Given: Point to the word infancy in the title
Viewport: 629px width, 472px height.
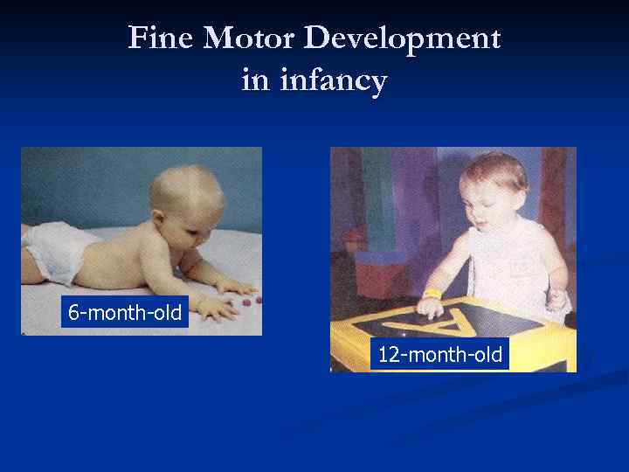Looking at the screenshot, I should pyautogui.click(x=333, y=82).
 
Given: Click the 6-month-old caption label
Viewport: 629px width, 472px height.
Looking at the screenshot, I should pyautogui.click(x=125, y=312).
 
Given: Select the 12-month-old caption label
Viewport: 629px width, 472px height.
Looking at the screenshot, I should pyautogui.click(x=439, y=354).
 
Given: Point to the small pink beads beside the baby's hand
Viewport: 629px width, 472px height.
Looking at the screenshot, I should pyautogui.click(x=250, y=301).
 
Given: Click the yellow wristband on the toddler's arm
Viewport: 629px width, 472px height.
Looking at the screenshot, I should pyautogui.click(x=432, y=294).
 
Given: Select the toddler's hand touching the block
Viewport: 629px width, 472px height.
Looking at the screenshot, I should pyautogui.click(x=431, y=307).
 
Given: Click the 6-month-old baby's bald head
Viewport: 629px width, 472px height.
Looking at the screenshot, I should pyautogui.click(x=183, y=188).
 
